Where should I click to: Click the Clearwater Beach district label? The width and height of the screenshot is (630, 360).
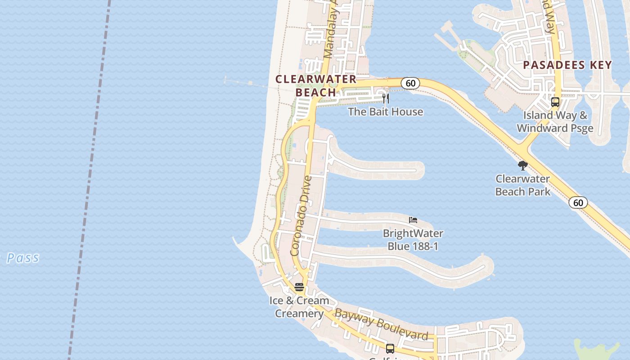click(x=315, y=85)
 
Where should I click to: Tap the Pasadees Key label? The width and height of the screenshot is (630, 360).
click(x=567, y=65)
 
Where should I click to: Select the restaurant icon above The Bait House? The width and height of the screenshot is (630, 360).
click(x=385, y=98)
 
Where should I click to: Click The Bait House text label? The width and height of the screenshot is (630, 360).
click(x=385, y=112)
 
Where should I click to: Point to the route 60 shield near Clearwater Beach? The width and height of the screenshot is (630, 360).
click(x=410, y=83)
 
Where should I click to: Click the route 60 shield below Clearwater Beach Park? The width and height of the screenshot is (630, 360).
click(x=578, y=202)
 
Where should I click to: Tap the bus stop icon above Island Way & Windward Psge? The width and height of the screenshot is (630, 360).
click(x=555, y=102)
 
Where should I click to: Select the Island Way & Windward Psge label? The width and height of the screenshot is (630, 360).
click(x=555, y=121)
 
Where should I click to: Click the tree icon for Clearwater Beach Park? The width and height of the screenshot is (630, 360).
click(x=522, y=166)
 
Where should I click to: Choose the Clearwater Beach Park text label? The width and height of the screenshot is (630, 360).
click(x=522, y=185)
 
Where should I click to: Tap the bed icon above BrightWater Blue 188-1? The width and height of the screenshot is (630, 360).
click(x=413, y=220)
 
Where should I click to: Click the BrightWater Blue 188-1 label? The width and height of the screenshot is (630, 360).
click(x=413, y=239)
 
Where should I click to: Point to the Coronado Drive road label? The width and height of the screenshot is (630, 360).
click(x=301, y=216)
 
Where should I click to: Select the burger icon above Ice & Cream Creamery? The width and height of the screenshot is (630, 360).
click(x=299, y=287)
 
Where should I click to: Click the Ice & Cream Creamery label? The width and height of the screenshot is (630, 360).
click(x=299, y=307)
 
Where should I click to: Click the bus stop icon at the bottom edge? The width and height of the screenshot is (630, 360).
click(x=390, y=348)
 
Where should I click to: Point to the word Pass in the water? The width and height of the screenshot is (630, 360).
click(x=22, y=258)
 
